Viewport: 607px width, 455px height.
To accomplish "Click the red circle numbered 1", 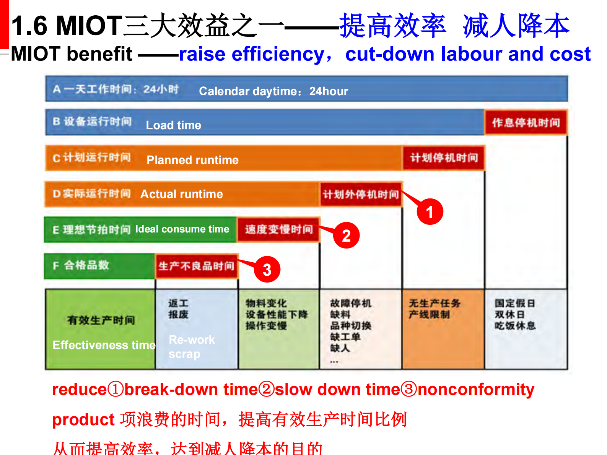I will tap(430, 212).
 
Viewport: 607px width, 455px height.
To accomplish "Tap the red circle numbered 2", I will tap(346, 236).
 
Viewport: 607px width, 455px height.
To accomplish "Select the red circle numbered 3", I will tap(267, 270).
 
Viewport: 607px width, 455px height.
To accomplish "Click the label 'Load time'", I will tap(173, 125).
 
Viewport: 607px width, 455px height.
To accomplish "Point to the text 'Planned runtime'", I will tap(192, 160).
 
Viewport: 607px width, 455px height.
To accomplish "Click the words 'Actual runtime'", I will tap(181, 194).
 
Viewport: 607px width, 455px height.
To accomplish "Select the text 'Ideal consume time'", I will tap(182, 229).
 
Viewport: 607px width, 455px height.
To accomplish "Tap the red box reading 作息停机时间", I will tap(526, 122).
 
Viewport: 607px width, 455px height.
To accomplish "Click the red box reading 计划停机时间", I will tap(444, 158).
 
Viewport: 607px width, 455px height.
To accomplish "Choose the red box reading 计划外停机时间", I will tap(361, 194).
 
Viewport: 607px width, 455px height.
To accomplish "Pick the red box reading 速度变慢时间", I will tap(278, 229).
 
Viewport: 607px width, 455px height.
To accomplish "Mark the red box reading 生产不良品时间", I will tap(196, 266).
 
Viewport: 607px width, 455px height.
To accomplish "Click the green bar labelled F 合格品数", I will tap(99, 265).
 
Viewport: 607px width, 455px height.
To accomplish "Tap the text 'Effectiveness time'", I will tap(104, 345).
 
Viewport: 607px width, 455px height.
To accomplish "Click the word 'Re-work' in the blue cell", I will tap(192, 340).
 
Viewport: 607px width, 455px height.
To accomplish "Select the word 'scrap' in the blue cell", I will tap(184, 354).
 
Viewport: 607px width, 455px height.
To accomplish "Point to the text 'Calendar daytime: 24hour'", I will tap(273, 91).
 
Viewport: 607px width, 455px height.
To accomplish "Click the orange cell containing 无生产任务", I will tap(443, 329).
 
